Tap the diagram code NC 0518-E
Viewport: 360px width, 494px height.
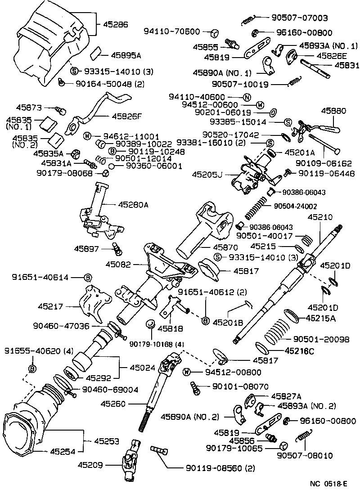[x=328, y=484]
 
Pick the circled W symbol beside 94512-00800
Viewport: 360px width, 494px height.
[x=188, y=372]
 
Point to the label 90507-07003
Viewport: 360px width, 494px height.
[x=299, y=18]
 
